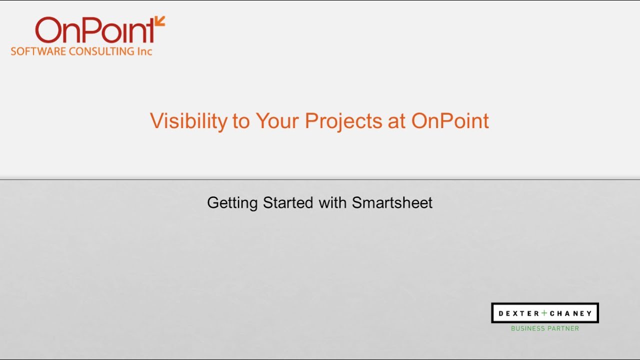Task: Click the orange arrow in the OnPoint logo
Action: (x=159, y=21)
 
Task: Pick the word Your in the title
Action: (x=277, y=121)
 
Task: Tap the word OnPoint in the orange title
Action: (x=450, y=121)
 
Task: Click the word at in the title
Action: (x=396, y=121)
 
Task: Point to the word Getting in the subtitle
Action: (x=232, y=203)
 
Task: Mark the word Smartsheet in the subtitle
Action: (x=392, y=203)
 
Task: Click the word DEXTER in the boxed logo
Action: (x=518, y=313)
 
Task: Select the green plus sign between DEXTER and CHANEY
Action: (x=544, y=313)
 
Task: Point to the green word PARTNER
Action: (x=563, y=328)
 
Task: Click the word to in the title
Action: (x=240, y=121)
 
